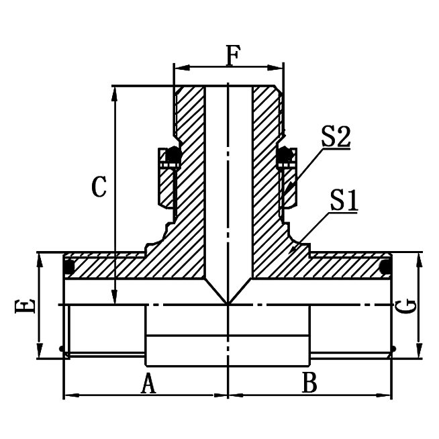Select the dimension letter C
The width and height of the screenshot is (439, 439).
pos(99,187)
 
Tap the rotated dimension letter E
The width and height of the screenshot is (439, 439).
pos(25,307)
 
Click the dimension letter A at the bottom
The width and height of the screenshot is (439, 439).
pos(148,384)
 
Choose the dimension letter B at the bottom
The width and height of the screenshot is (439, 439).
pos(309,384)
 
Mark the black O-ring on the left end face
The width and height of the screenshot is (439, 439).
pos(68,267)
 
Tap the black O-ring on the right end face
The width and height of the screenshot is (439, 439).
pos(386,267)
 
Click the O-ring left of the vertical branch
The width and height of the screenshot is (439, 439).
pos(173,155)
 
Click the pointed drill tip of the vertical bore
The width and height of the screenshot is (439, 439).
pos(228,303)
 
